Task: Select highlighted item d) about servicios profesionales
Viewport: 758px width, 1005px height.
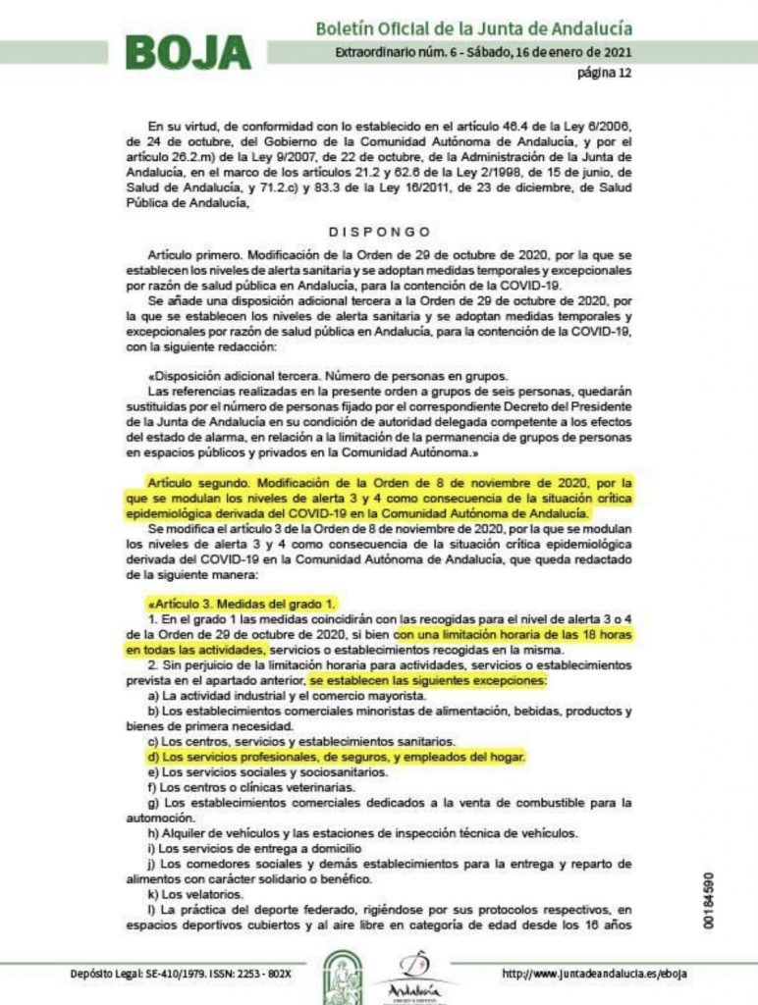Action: tap(337, 757)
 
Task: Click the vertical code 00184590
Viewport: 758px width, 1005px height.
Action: tap(724, 896)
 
